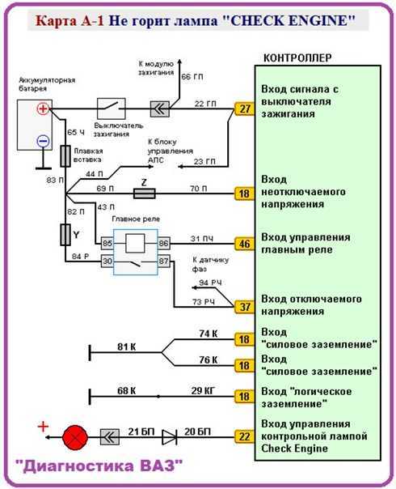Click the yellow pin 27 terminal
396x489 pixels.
point(244,108)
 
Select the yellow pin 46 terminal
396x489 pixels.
point(244,244)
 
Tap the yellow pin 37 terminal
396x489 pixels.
point(244,307)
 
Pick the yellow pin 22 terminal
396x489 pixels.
point(244,436)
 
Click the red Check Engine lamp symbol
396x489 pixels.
point(75,437)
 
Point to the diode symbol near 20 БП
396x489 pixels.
point(170,437)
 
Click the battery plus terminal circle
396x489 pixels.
point(43,108)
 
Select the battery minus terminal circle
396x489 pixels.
point(43,141)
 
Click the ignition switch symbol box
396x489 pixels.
point(112,108)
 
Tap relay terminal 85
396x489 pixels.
point(107,243)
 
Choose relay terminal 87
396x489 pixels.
point(164,261)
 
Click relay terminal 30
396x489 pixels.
point(107,261)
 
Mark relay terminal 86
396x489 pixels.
point(164,243)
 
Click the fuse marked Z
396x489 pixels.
point(144,193)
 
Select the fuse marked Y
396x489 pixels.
point(65,235)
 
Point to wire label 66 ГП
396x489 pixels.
point(192,77)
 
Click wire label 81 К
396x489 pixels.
point(126,347)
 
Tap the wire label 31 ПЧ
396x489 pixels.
point(202,239)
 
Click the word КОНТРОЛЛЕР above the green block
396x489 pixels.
point(297,58)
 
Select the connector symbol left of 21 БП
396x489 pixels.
point(110,437)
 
